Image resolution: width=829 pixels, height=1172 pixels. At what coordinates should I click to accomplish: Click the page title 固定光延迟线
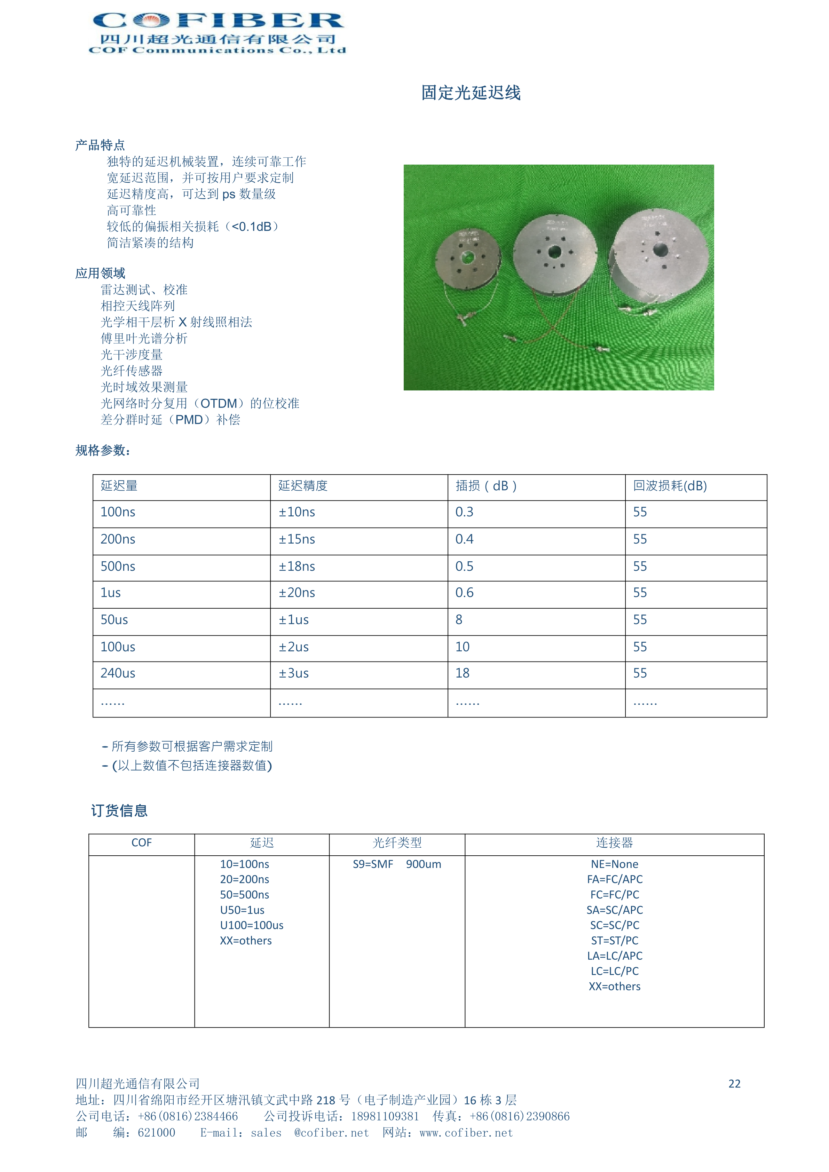470,93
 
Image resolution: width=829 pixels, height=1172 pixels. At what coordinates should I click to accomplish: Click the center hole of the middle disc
554,252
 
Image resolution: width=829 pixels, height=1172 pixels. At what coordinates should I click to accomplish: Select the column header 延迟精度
303,486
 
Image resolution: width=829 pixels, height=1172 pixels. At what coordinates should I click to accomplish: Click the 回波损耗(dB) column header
669,486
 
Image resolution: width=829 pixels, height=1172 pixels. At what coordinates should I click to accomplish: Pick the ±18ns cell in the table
297,567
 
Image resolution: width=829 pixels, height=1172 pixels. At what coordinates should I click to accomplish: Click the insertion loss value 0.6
464,593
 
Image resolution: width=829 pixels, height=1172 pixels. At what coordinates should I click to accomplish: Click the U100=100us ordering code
252,925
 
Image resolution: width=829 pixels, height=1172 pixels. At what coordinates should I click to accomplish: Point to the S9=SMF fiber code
373,864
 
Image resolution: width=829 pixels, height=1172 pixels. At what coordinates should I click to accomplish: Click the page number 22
734,1084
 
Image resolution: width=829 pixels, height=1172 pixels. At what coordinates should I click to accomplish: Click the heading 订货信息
119,810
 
